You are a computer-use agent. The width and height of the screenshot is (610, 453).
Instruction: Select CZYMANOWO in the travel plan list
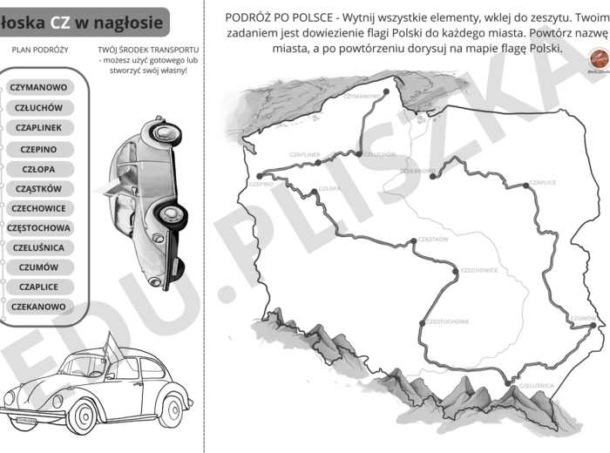tap(38, 88)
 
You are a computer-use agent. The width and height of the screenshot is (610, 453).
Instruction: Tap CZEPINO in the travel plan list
tap(38, 149)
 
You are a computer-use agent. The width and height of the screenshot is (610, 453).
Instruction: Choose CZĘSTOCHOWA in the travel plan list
tap(38, 228)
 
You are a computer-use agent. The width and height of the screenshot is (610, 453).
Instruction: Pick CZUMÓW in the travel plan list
tap(38, 267)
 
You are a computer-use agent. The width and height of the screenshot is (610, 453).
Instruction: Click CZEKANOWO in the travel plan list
tap(38, 307)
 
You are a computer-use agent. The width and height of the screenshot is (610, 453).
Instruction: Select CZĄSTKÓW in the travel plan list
tap(38, 188)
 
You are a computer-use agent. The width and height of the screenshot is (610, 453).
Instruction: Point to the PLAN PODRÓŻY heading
tap(40, 50)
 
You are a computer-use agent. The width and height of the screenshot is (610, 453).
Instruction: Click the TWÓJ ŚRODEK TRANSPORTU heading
tap(148, 50)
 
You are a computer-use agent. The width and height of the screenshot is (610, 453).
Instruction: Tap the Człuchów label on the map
tap(379, 154)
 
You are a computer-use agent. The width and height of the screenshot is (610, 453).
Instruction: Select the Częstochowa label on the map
tap(449, 321)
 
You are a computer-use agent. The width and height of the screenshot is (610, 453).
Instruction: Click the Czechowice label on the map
tap(479, 270)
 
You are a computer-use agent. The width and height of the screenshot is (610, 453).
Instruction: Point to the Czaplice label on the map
tap(543, 183)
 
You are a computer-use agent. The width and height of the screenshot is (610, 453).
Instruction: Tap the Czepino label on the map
tap(261, 184)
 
